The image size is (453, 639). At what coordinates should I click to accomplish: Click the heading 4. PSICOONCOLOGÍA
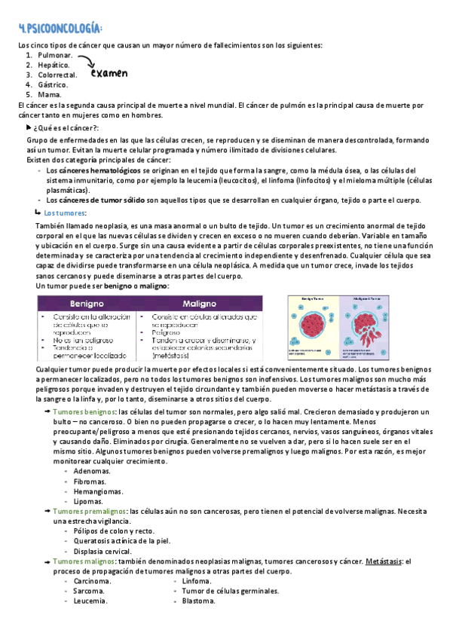[x=60, y=29]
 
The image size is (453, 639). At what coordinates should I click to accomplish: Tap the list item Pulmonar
[x=54, y=56]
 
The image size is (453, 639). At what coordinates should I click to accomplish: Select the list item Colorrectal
[x=57, y=75]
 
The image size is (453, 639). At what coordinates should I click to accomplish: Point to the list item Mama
[x=49, y=95]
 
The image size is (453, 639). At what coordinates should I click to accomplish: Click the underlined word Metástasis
[x=384, y=561]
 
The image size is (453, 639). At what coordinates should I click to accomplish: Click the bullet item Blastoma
[x=198, y=601]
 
